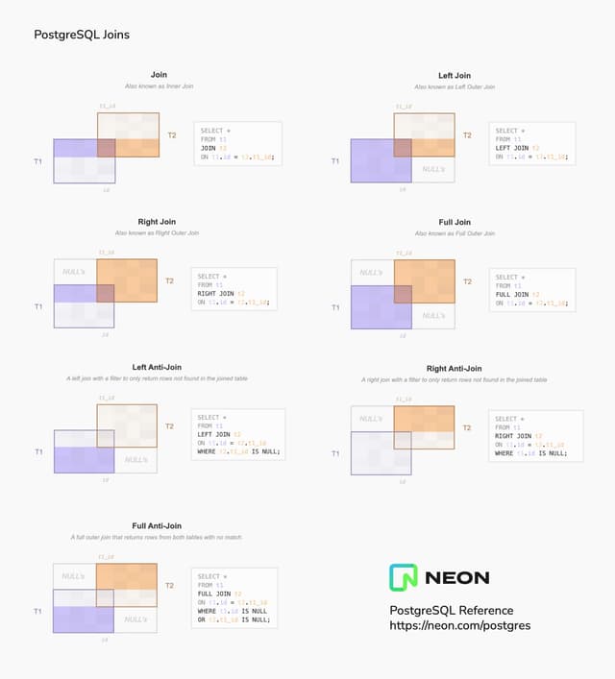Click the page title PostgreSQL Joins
tap(82, 35)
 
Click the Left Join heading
tap(455, 75)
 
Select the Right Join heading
tap(156, 222)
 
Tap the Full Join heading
tap(455, 222)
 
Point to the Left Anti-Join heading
tap(157, 367)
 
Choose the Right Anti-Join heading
tap(455, 368)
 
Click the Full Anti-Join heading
tap(157, 525)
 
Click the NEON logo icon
tap(403, 577)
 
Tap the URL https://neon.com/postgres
tap(459, 625)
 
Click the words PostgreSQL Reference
tap(451, 610)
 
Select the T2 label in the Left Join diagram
tap(467, 135)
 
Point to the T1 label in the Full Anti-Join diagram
tap(38, 611)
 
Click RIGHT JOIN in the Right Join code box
tap(216, 293)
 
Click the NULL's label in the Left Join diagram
tap(433, 169)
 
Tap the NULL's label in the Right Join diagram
tap(74, 272)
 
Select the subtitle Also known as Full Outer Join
tap(455, 233)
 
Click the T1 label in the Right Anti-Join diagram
tap(336, 452)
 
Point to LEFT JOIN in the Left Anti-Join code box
tap(214, 434)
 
